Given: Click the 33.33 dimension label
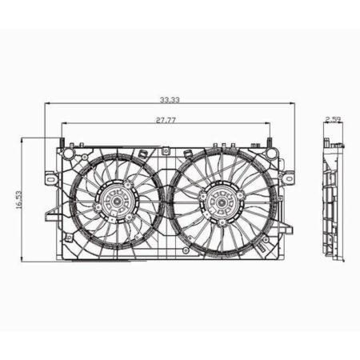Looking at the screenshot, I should [x=169, y=101].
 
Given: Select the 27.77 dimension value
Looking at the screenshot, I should [x=166, y=119].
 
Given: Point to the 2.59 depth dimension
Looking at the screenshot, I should [x=334, y=120].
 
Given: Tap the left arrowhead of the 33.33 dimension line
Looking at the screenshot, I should [x=47, y=105].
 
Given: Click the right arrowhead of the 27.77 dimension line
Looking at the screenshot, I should [x=269, y=123].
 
